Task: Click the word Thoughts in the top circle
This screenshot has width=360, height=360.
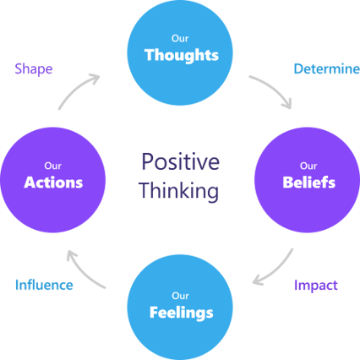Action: [x=181, y=56]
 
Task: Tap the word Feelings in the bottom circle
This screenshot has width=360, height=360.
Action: [x=180, y=312]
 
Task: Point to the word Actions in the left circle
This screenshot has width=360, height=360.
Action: [x=53, y=182]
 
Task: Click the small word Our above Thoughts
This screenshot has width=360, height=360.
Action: [x=181, y=37]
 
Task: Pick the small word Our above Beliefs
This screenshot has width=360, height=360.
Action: [x=308, y=165]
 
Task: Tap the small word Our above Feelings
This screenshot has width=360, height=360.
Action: [x=180, y=295]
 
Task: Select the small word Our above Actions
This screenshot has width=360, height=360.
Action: [x=53, y=165]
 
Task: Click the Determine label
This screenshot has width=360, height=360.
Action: [x=325, y=69]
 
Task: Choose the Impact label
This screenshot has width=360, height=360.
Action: [x=314, y=285]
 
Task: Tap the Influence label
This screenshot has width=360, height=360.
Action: [x=44, y=285]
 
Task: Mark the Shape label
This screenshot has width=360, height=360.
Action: [x=35, y=69]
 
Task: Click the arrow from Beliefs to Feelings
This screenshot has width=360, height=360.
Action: [x=275, y=269]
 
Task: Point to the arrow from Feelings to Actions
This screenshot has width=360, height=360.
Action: [x=87, y=269]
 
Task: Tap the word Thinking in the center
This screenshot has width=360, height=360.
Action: [x=180, y=190]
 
